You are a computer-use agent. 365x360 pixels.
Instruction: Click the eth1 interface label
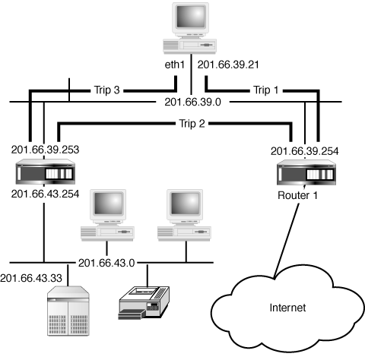(x=175, y=65)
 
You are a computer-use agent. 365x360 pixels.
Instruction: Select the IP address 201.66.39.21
(x=228, y=65)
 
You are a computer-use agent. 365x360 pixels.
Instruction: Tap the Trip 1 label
(x=266, y=90)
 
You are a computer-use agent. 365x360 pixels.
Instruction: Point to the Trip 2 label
(x=192, y=124)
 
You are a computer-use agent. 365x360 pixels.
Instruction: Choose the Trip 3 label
(x=106, y=90)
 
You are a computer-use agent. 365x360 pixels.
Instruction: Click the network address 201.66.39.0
(x=192, y=102)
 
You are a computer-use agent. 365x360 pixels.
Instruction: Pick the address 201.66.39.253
(x=45, y=150)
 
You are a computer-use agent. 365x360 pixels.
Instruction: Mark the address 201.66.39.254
(x=305, y=151)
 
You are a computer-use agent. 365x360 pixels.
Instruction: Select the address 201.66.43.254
(x=45, y=194)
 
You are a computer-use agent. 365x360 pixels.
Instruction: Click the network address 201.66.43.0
(x=106, y=263)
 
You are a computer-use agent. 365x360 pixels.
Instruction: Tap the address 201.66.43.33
(x=31, y=278)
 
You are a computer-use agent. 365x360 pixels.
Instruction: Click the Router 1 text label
(x=297, y=195)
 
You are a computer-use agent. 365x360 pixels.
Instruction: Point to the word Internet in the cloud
(x=287, y=308)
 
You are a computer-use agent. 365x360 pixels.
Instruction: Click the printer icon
(x=144, y=303)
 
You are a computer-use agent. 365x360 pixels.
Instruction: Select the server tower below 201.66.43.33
(x=68, y=311)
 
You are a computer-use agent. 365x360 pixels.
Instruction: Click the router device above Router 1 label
(x=306, y=172)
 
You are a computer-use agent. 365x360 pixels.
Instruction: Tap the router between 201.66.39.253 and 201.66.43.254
(x=46, y=172)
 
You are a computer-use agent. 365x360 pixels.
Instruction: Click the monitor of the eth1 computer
(x=190, y=17)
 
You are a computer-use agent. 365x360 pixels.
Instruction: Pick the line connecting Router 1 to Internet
(x=287, y=241)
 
